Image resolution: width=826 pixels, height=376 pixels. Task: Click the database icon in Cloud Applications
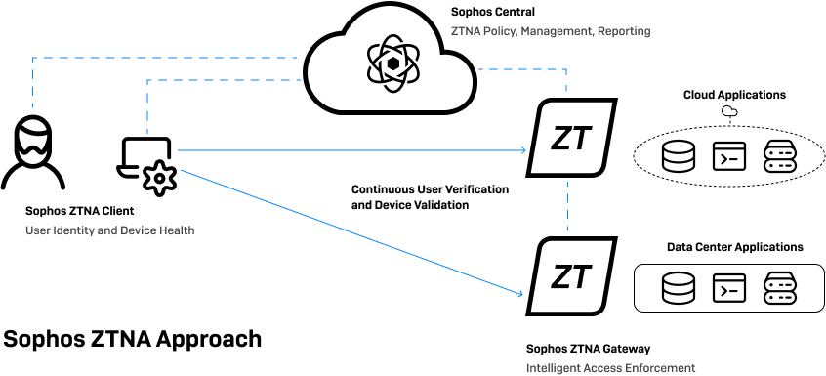675,156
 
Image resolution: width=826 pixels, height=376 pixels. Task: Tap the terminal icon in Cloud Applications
727,156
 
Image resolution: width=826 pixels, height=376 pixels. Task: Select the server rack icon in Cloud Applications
780,156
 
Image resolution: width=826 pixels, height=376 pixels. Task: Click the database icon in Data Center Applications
675,287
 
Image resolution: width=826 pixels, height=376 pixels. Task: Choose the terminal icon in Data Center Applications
727,287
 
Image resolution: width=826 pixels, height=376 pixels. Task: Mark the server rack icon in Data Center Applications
780,287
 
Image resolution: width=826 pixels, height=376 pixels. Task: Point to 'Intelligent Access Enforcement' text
610,367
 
